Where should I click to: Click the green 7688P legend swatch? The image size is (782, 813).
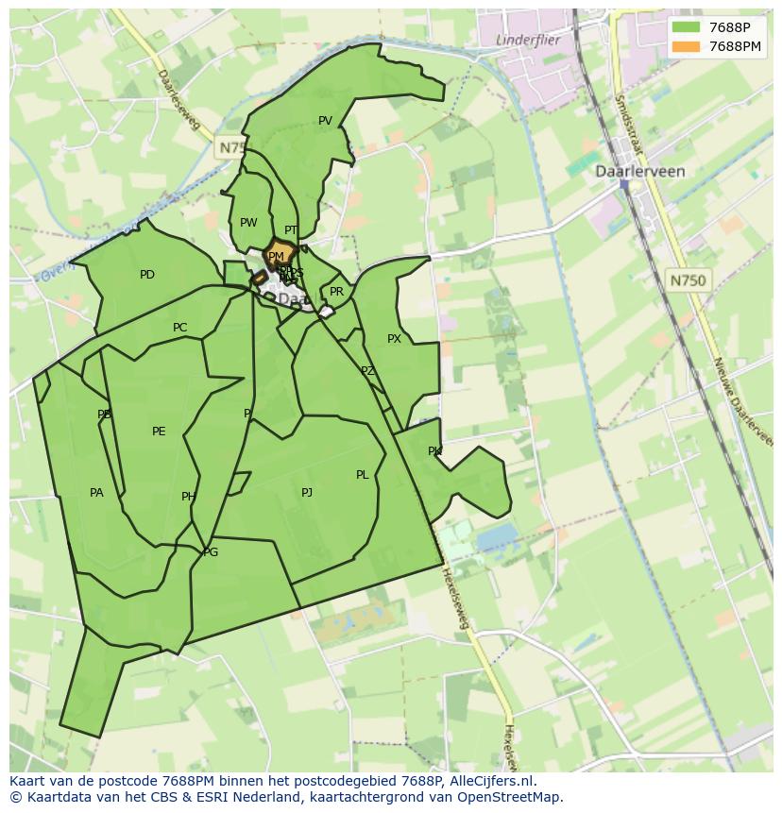pos(687,27)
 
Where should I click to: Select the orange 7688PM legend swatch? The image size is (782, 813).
pos(687,46)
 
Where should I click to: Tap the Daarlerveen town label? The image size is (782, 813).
pos(639,172)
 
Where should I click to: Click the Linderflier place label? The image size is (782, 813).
pos(527,40)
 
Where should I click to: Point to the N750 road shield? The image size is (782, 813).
pos(688,280)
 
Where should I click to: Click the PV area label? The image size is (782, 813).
pos(325,121)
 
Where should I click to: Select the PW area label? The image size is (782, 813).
pos(248,224)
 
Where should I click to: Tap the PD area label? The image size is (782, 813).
pos(147,276)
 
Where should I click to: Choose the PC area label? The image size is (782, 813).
pos(179,329)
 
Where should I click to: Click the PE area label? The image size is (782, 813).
pos(159,432)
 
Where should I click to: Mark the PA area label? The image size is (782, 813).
pos(96,493)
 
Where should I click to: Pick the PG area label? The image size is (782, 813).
pos(211,552)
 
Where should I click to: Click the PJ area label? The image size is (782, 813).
pos(307,493)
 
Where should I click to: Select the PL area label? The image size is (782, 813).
pos(362,476)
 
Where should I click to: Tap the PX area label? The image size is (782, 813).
pos(394,339)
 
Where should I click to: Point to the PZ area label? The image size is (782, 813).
pos(367,372)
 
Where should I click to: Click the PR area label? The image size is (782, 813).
pos(336,293)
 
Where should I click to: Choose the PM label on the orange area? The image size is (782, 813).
pos(276,257)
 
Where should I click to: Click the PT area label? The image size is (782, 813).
pos(291,230)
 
